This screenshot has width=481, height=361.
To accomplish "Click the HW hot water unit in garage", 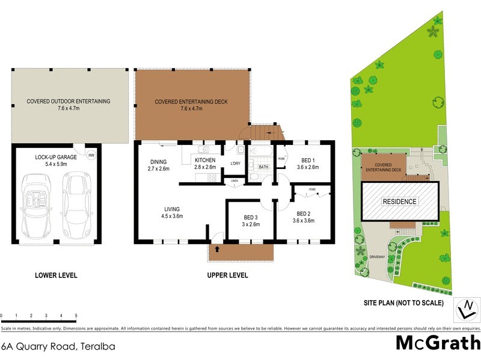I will pos(91,155).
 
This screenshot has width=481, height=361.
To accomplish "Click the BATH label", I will pos(263,167).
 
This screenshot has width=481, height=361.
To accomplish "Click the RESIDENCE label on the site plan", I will pos(400,201).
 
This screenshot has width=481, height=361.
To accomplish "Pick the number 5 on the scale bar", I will pos(76,315).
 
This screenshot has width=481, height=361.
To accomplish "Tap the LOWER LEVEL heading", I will pos(56,276).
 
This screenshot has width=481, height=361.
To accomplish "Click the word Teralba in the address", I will pos(96,347).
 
